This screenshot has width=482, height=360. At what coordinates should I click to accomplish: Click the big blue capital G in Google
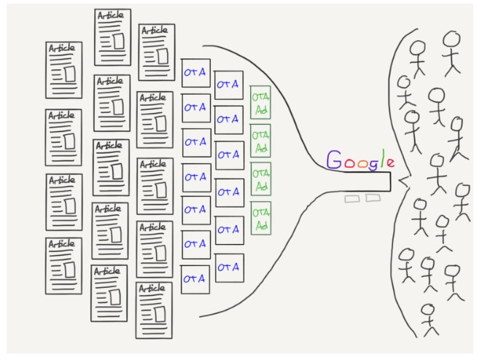pyautogui.click(x=334, y=160)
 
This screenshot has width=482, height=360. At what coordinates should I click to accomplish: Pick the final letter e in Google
pyautogui.click(x=392, y=162)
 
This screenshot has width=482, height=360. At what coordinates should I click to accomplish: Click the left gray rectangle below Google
pyautogui.click(x=353, y=199)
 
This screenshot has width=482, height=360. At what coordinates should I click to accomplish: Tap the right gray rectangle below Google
pyautogui.click(x=373, y=197)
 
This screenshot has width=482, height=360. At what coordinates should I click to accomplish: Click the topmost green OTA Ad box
pyautogui.click(x=260, y=103)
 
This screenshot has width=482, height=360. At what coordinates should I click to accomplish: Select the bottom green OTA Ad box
pyautogui.click(x=260, y=217)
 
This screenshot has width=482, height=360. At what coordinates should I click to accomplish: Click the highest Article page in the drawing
pyautogui.click(x=113, y=27)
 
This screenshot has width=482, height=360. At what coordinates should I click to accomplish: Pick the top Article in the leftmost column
pyautogui.click(x=63, y=69)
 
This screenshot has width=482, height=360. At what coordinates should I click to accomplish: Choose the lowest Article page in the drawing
pyautogui.click(x=155, y=310)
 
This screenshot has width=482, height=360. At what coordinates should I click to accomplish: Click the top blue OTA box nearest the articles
pyautogui.click(x=195, y=73)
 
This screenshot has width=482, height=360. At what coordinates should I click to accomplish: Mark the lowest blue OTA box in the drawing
pyautogui.click(x=195, y=278)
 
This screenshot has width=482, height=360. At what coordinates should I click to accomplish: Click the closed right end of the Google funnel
pyautogui.click(x=391, y=182)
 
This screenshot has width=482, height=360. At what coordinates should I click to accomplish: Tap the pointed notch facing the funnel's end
pyautogui.click(x=400, y=182)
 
